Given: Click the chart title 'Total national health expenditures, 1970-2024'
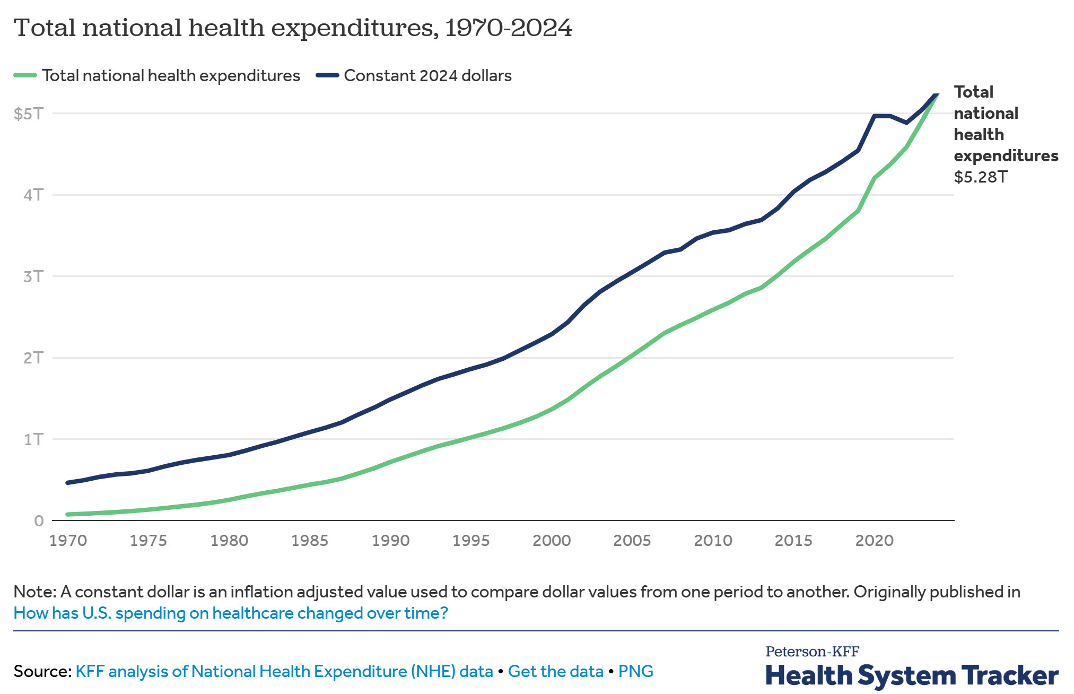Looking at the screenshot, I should [293, 28].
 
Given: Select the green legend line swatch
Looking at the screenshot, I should [25, 75].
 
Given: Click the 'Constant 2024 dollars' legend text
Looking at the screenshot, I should [427, 75].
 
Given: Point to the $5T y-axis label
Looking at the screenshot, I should [29, 114].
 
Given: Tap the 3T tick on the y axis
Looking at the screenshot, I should [33, 276].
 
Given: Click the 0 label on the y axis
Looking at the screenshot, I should [39, 520].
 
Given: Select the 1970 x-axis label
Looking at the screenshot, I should [68, 541].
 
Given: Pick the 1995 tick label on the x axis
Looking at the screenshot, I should [471, 541].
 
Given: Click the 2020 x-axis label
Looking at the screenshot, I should [874, 541].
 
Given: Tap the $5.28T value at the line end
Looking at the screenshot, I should [980, 177].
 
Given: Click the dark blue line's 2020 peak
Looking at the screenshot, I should [874, 116].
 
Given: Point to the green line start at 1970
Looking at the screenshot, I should [68, 514].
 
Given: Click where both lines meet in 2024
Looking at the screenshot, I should [937, 94].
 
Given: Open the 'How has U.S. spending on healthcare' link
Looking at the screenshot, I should [231, 613].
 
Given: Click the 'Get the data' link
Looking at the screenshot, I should [555, 671].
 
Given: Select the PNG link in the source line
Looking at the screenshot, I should [635, 671].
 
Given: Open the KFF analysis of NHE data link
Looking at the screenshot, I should [284, 671].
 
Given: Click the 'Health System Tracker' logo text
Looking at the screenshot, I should [912, 675].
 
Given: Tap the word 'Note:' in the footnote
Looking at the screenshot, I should [34, 592].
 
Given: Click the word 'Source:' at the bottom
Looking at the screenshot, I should [42, 671].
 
